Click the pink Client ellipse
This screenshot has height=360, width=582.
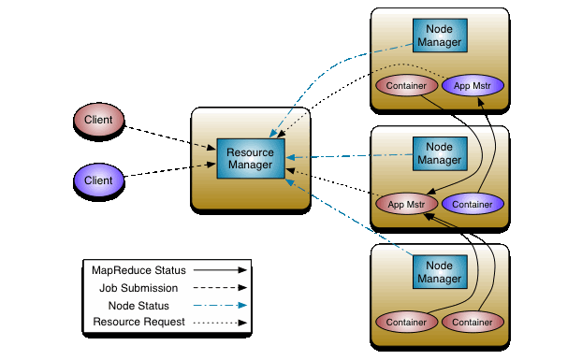pyautogui.click(x=99, y=120)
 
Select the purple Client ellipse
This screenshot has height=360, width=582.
pyautogui.click(x=99, y=180)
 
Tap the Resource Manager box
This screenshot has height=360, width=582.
pyautogui.click(x=250, y=158)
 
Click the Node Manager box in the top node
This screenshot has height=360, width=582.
pyautogui.click(x=439, y=35)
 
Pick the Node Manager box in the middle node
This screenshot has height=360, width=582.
pyautogui.click(x=439, y=154)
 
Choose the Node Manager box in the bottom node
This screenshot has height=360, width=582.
pyautogui.click(x=439, y=272)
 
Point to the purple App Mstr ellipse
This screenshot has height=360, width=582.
pyautogui.click(x=473, y=86)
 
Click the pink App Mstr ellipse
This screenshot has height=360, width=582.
pyautogui.click(x=406, y=203)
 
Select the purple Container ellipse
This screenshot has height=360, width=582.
pyautogui.click(x=473, y=203)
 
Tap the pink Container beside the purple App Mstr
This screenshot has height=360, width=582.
pyautogui.click(x=406, y=86)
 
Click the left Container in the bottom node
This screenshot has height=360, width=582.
pyautogui.click(x=406, y=322)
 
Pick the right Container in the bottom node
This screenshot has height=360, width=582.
pyautogui.click(x=473, y=322)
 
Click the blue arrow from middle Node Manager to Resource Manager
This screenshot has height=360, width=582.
pyautogui.click(x=351, y=156)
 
